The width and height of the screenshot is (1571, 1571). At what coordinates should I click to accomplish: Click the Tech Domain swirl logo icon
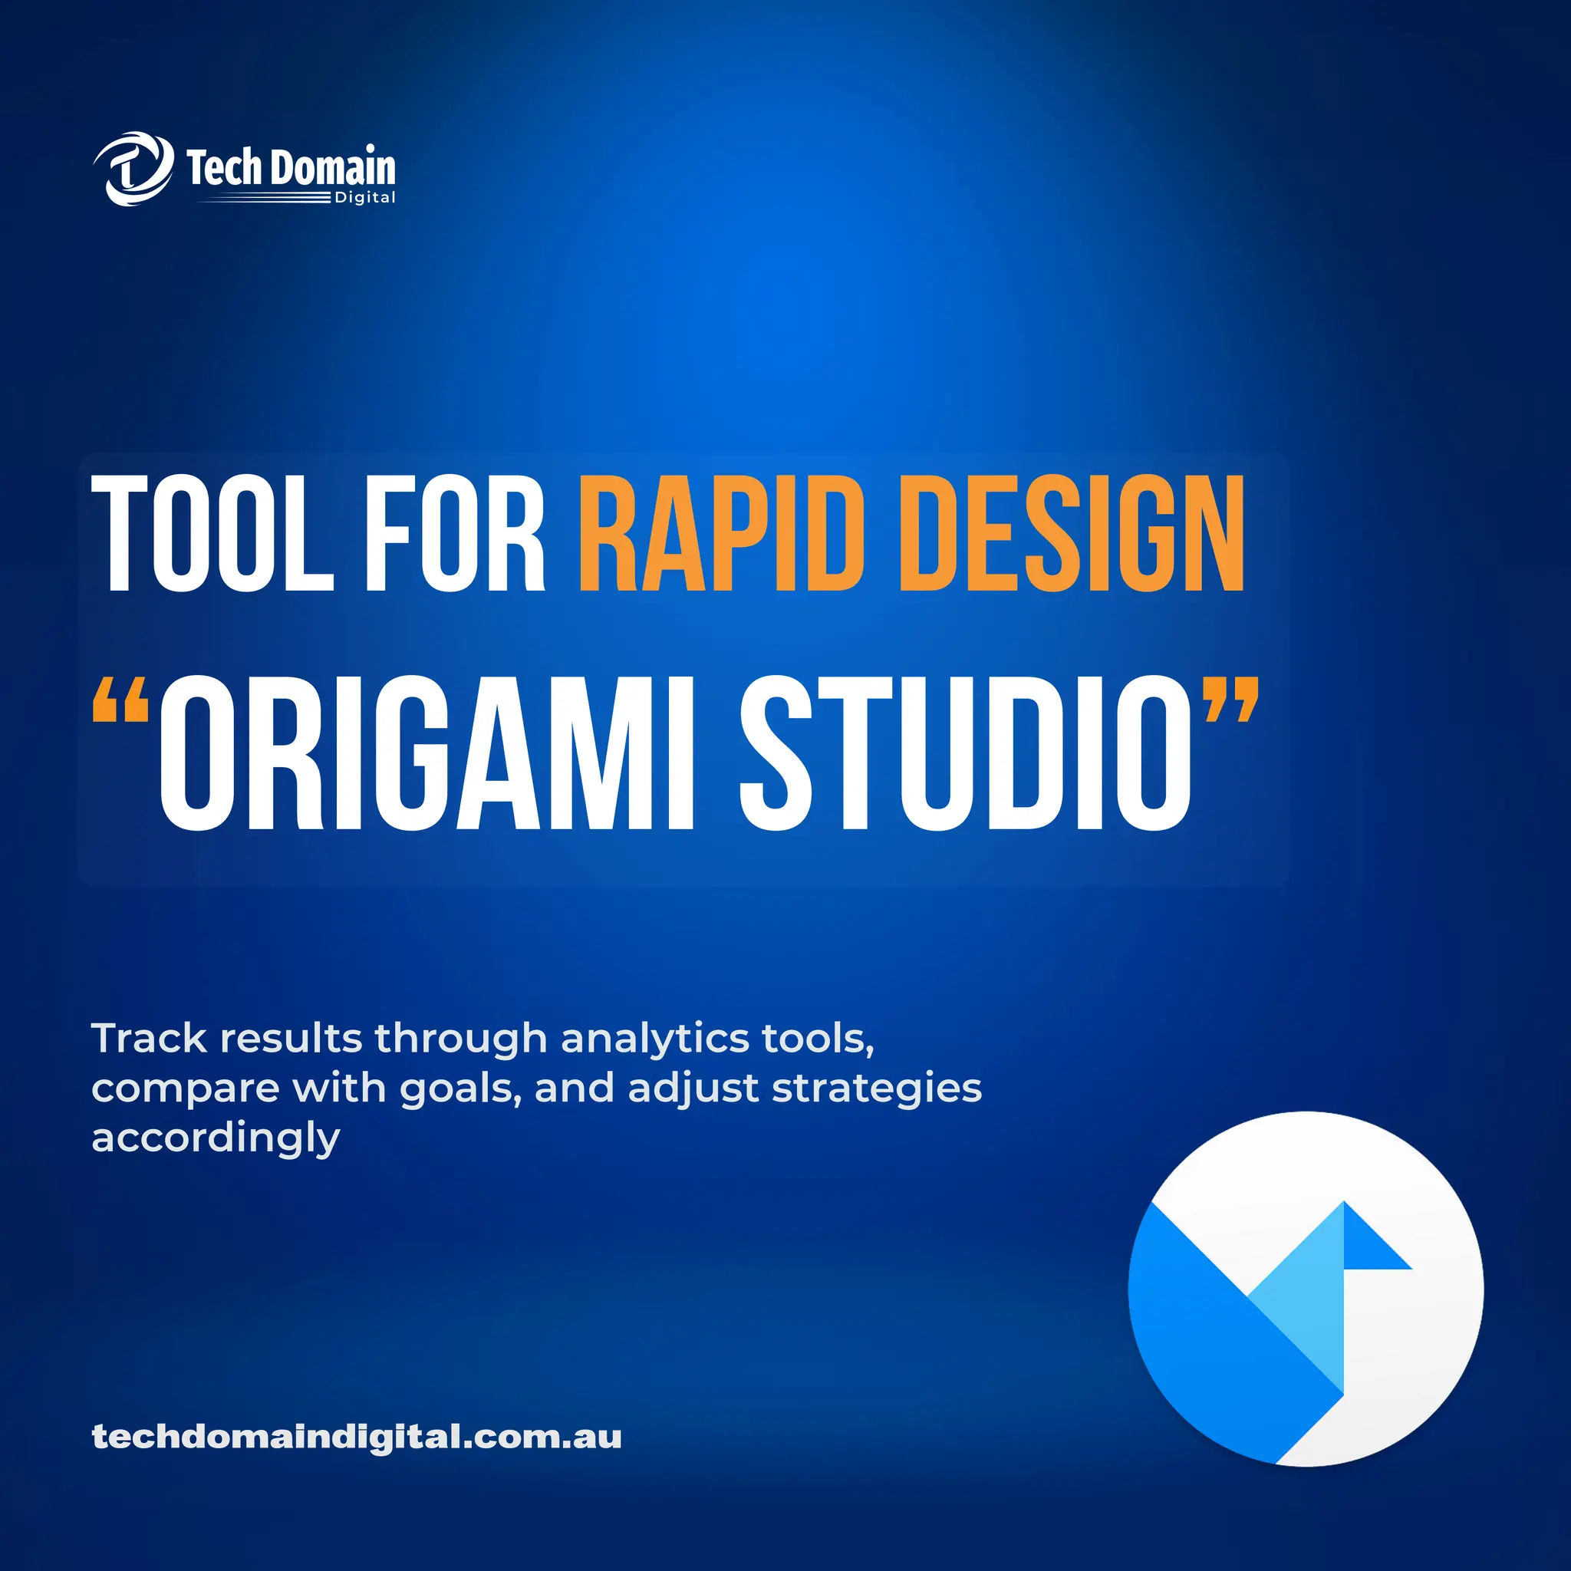(133, 169)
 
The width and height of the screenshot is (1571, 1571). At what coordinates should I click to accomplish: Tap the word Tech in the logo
(225, 167)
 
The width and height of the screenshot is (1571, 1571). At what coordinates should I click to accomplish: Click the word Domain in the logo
(333, 167)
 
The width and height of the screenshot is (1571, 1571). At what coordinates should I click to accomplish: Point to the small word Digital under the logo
(364, 198)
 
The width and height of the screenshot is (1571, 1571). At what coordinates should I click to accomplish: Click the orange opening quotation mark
(120, 700)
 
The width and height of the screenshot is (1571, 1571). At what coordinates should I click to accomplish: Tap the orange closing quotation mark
(1231, 700)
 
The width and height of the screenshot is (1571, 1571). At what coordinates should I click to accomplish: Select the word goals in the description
(461, 1089)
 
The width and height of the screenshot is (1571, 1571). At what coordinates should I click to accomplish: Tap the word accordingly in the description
(216, 1138)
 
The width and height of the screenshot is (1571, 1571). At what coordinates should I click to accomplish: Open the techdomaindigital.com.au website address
(356, 1437)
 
